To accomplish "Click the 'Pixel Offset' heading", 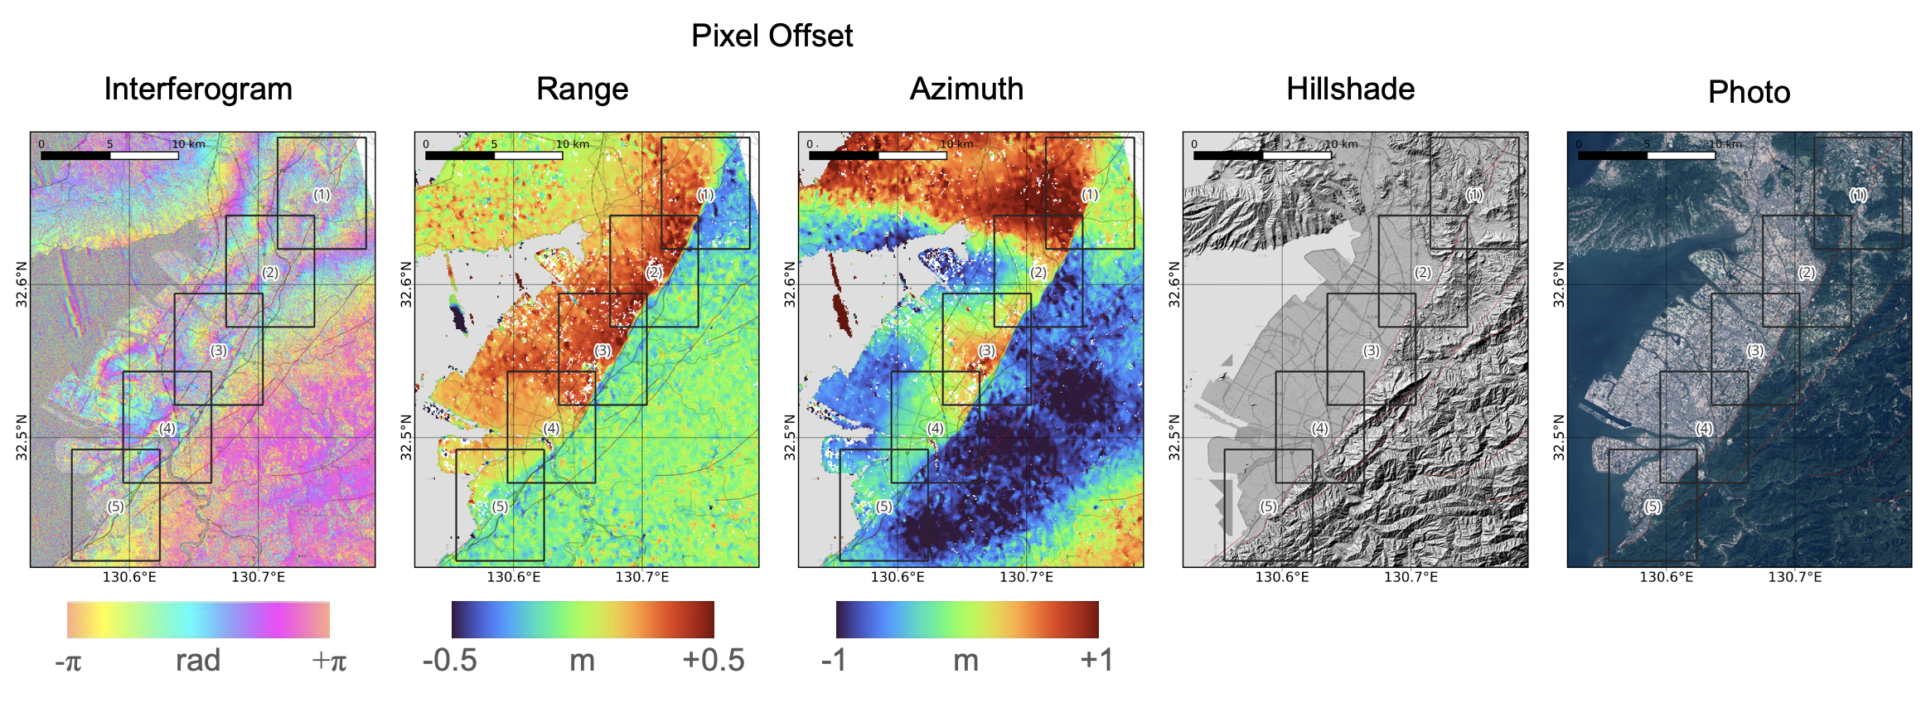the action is click(x=772, y=36).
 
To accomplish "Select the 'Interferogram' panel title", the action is click(x=198, y=90).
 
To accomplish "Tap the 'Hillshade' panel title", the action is click(x=1351, y=89).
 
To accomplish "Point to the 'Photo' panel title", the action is click(x=1749, y=92).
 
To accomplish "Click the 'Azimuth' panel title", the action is click(x=966, y=89).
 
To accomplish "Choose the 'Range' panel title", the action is click(x=583, y=90).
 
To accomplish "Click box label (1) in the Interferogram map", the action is click(x=322, y=195).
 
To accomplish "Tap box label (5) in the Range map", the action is click(x=500, y=507).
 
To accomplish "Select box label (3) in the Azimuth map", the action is click(x=987, y=351).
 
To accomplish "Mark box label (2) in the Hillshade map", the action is click(x=1423, y=273).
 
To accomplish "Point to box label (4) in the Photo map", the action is click(x=1704, y=429).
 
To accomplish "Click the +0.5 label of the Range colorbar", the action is click(x=714, y=661).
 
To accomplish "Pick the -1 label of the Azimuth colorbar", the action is click(x=835, y=661).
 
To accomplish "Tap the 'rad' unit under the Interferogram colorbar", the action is click(x=198, y=661).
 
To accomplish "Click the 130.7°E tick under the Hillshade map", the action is click(x=1411, y=577).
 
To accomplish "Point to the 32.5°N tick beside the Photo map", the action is click(x=1559, y=438).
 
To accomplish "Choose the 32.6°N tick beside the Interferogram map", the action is click(x=22, y=284).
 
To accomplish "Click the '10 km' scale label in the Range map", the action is click(x=573, y=144).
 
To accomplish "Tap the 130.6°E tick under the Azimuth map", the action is click(x=898, y=577).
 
